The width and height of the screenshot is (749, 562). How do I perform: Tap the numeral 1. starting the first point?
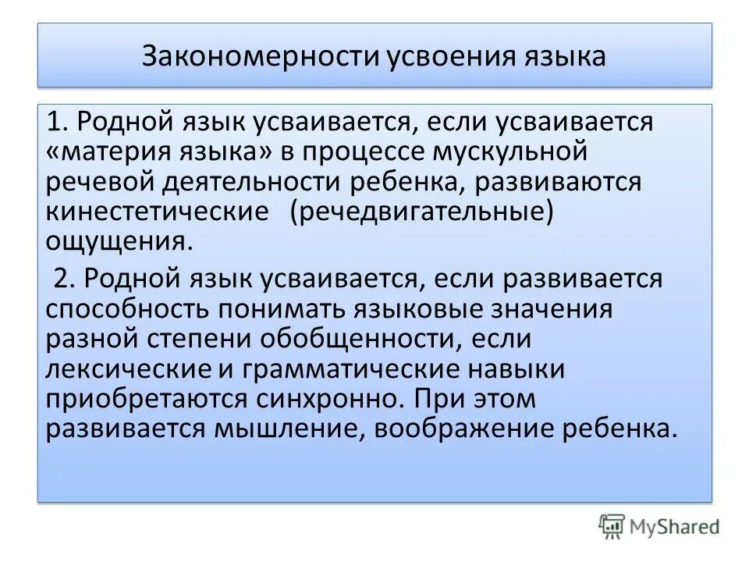coord(58,122)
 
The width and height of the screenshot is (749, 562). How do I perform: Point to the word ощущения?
coord(118,240)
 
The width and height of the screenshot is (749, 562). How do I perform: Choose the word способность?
coord(128,308)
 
